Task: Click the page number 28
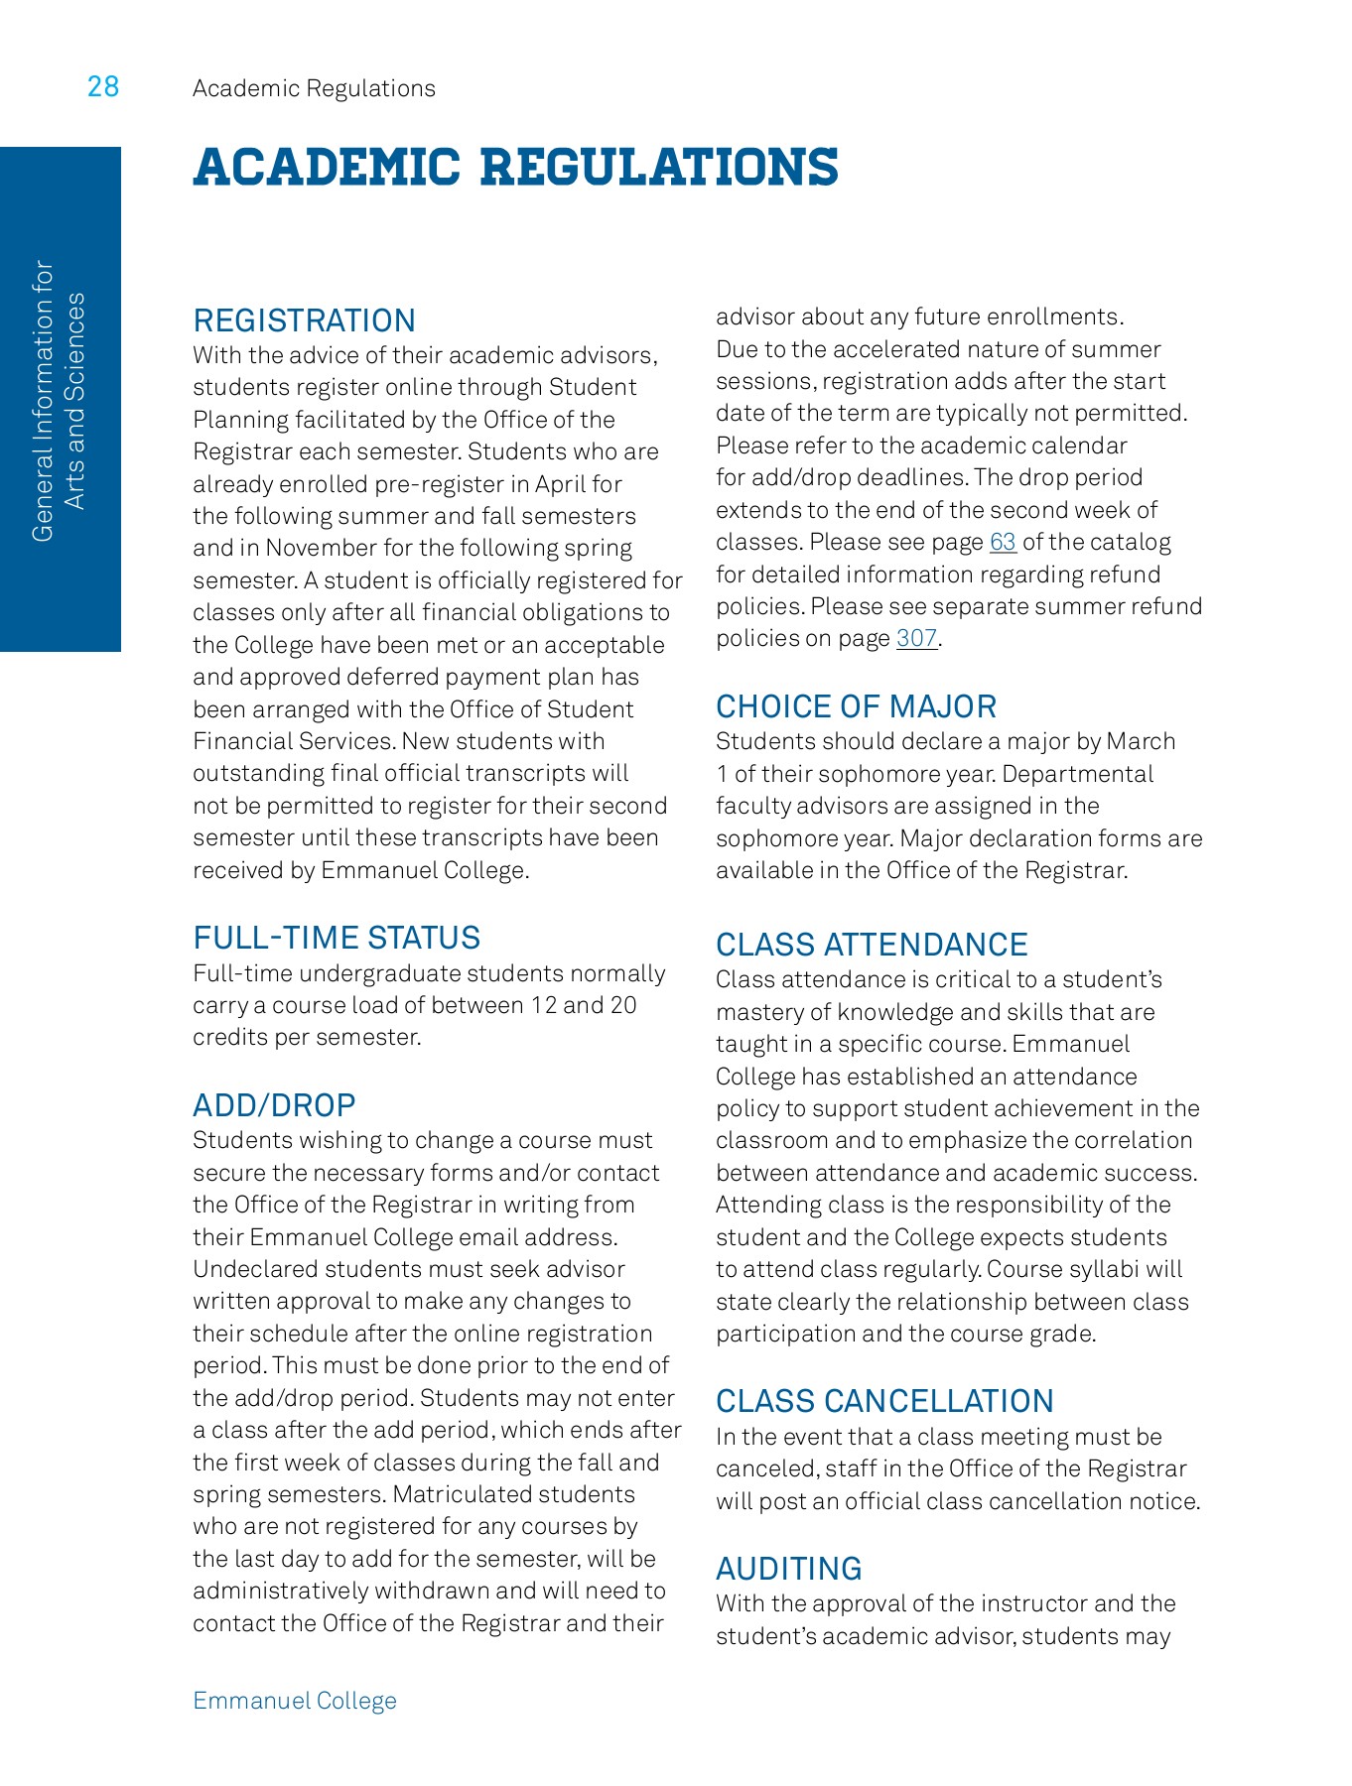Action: [103, 87]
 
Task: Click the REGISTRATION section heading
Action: [304, 320]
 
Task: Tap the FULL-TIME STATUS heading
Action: [337, 938]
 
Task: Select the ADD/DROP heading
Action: [274, 1105]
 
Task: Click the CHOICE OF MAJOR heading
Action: [856, 706]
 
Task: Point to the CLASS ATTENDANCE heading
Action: [872, 945]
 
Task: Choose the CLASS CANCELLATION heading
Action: [884, 1401]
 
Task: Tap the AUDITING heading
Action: [788, 1569]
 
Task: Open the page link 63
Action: [1003, 543]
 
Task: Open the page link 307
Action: [916, 639]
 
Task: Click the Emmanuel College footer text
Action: [295, 1701]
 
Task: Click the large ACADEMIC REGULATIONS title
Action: [515, 167]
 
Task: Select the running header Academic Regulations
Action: [314, 88]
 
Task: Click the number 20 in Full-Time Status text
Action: [622, 1005]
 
